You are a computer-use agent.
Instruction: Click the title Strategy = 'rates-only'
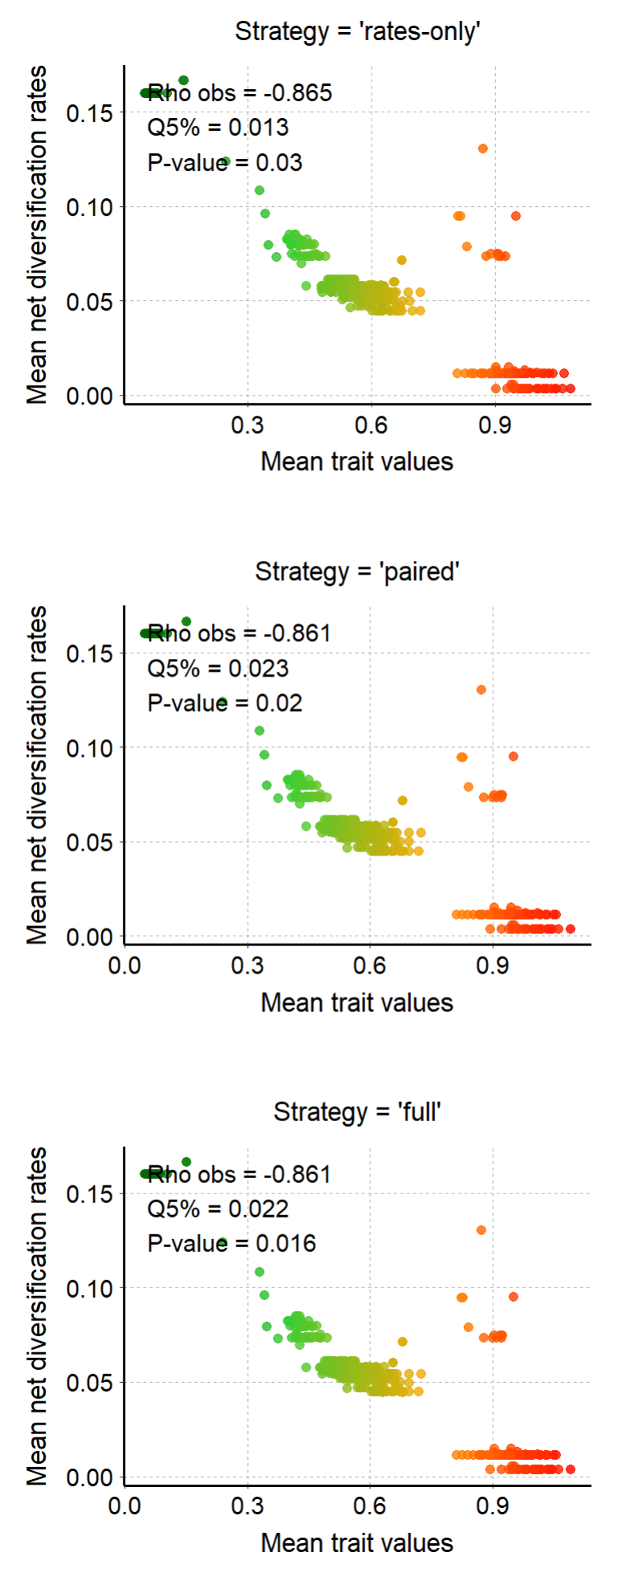(357, 31)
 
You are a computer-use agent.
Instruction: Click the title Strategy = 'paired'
(357, 571)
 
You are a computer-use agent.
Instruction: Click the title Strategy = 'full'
(357, 1112)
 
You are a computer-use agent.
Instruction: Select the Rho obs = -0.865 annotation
(239, 93)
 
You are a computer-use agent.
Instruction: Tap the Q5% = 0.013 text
(217, 128)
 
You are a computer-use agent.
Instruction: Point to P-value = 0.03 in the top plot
(225, 163)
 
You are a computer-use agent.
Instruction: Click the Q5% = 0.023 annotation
(217, 669)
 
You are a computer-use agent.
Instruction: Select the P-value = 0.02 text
(225, 703)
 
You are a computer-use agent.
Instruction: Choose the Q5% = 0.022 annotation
(217, 1209)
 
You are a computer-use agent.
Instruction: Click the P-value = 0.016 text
(232, 1243)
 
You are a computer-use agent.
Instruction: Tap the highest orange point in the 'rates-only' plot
(482, 148)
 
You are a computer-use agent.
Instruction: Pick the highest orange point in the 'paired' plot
(482, 689)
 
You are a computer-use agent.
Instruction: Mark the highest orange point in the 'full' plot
(482, 1229)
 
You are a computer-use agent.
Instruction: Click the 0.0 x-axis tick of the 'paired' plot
(124, 965)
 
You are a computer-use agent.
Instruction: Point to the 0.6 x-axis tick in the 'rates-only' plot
(371, 425)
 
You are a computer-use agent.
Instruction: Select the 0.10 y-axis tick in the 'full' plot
(90, 1288)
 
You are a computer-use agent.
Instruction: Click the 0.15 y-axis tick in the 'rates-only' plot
(90, 113)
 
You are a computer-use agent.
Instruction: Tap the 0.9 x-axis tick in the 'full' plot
(493, 1506)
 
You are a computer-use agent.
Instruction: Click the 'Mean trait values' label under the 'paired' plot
(357, 1002)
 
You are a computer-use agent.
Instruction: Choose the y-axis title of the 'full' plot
(37, 1316)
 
